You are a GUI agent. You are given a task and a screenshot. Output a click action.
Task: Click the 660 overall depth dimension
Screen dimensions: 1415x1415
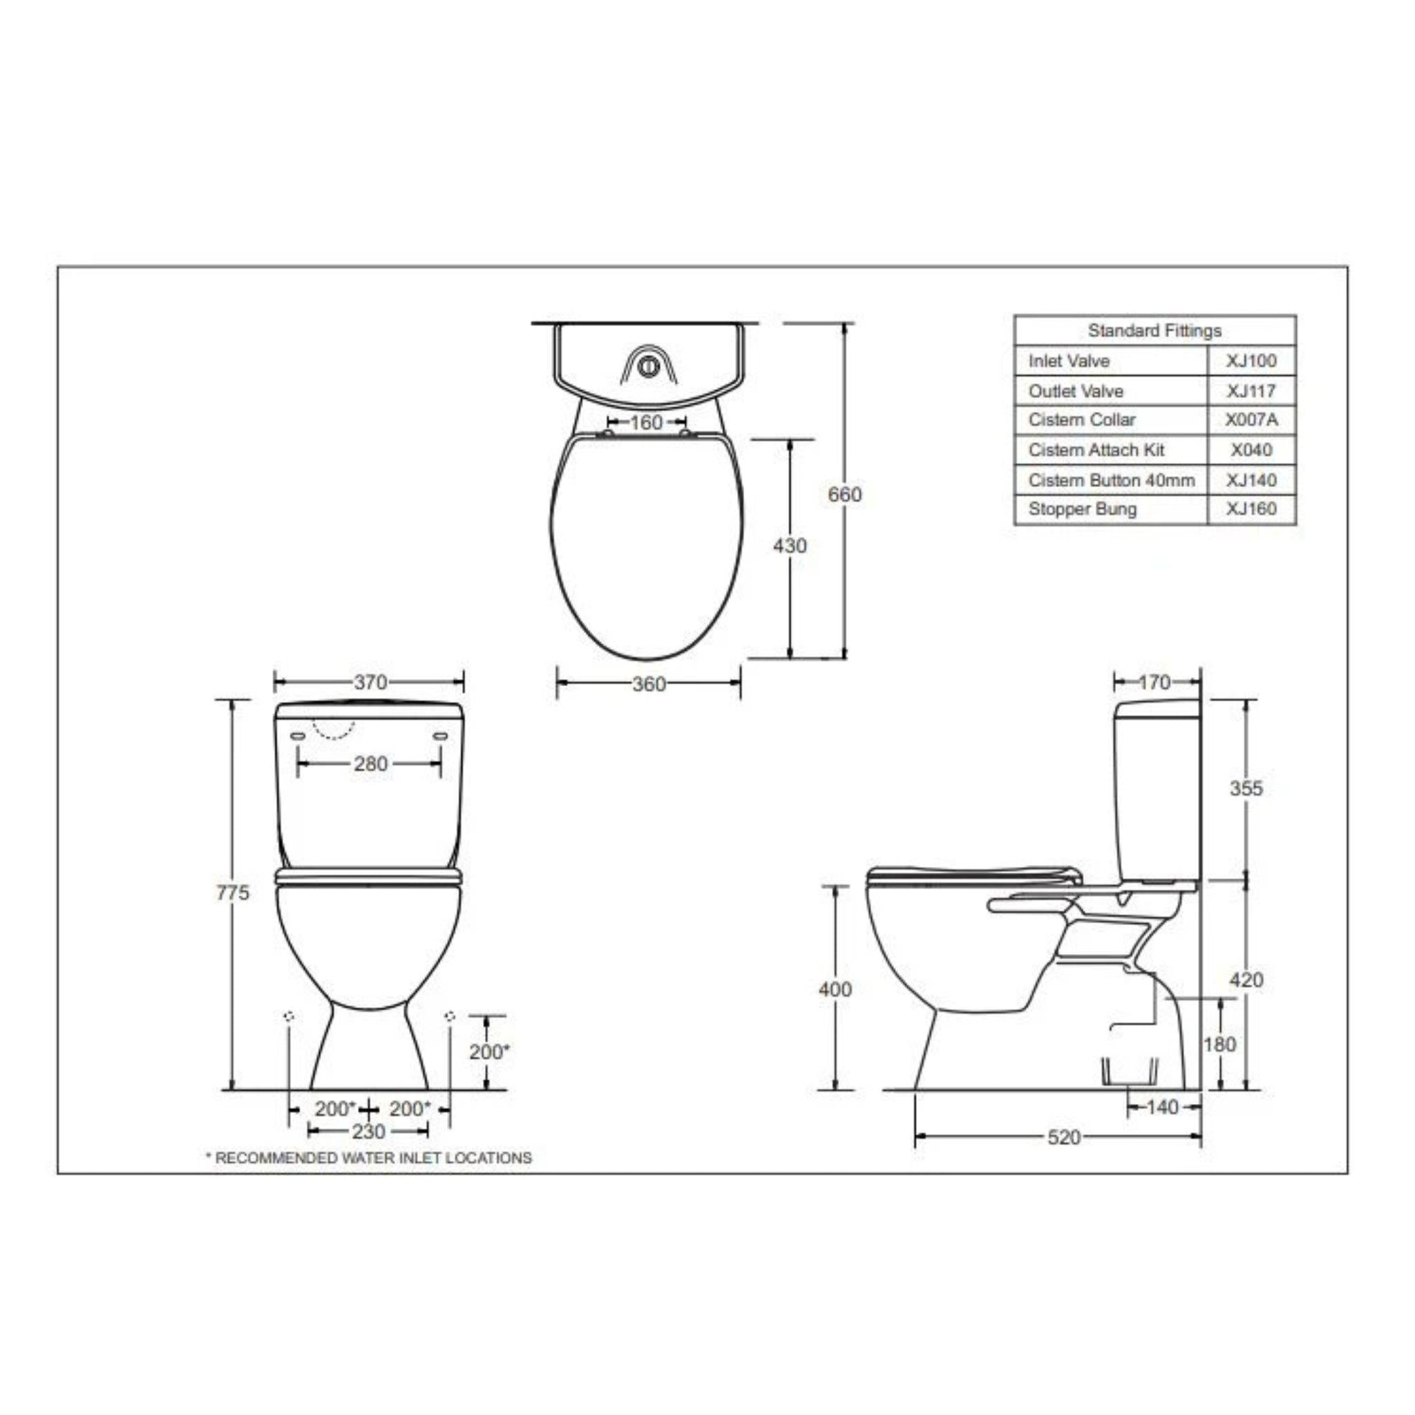click(x=844, y=495)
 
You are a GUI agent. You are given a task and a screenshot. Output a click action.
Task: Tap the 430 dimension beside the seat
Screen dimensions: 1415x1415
click(x=790, y=546)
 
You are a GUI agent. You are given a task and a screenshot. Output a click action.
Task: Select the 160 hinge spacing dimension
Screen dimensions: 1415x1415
click(x=646, y=423)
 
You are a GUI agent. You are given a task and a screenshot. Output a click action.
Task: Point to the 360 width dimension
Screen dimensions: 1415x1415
click(x=649, y=684)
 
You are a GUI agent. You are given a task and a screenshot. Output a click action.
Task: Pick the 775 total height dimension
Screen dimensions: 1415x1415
click(x=233, y=893)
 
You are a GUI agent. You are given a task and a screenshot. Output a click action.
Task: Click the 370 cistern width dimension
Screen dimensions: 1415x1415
click(x=370, y=683)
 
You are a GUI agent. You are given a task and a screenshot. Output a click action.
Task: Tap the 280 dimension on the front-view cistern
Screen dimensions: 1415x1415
click(x=370, y=764)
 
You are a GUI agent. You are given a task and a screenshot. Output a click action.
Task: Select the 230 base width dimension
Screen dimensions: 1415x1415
click(x=368, y=1132)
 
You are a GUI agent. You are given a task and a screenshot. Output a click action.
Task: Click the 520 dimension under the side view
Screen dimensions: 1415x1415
click(x=1063, y=1137)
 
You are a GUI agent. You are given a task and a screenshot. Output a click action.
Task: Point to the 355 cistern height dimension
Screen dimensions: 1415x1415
click(x=1246, y=788)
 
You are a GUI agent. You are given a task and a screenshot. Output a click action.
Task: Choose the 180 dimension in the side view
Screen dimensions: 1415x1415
click(x=1219, y=1045)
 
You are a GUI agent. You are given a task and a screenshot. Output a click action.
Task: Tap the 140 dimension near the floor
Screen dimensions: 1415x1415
click(x=1161, y=1108)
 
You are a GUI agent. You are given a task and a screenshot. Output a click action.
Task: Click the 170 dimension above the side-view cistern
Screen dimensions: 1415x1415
click(x=1155, y=683)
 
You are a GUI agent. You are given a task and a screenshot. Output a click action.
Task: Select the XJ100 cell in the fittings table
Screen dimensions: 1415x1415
click(x=1251, y=361)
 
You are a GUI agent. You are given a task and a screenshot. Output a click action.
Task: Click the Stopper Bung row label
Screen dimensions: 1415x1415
click(x=1082, y=509)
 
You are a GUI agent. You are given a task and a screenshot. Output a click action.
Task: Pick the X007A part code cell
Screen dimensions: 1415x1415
click(x=1251, y=420)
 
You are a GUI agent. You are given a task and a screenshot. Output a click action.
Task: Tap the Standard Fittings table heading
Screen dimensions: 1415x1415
click(x=1155, y=331)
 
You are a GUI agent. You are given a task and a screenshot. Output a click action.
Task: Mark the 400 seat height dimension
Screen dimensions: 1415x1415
click(x=835, y=989)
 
